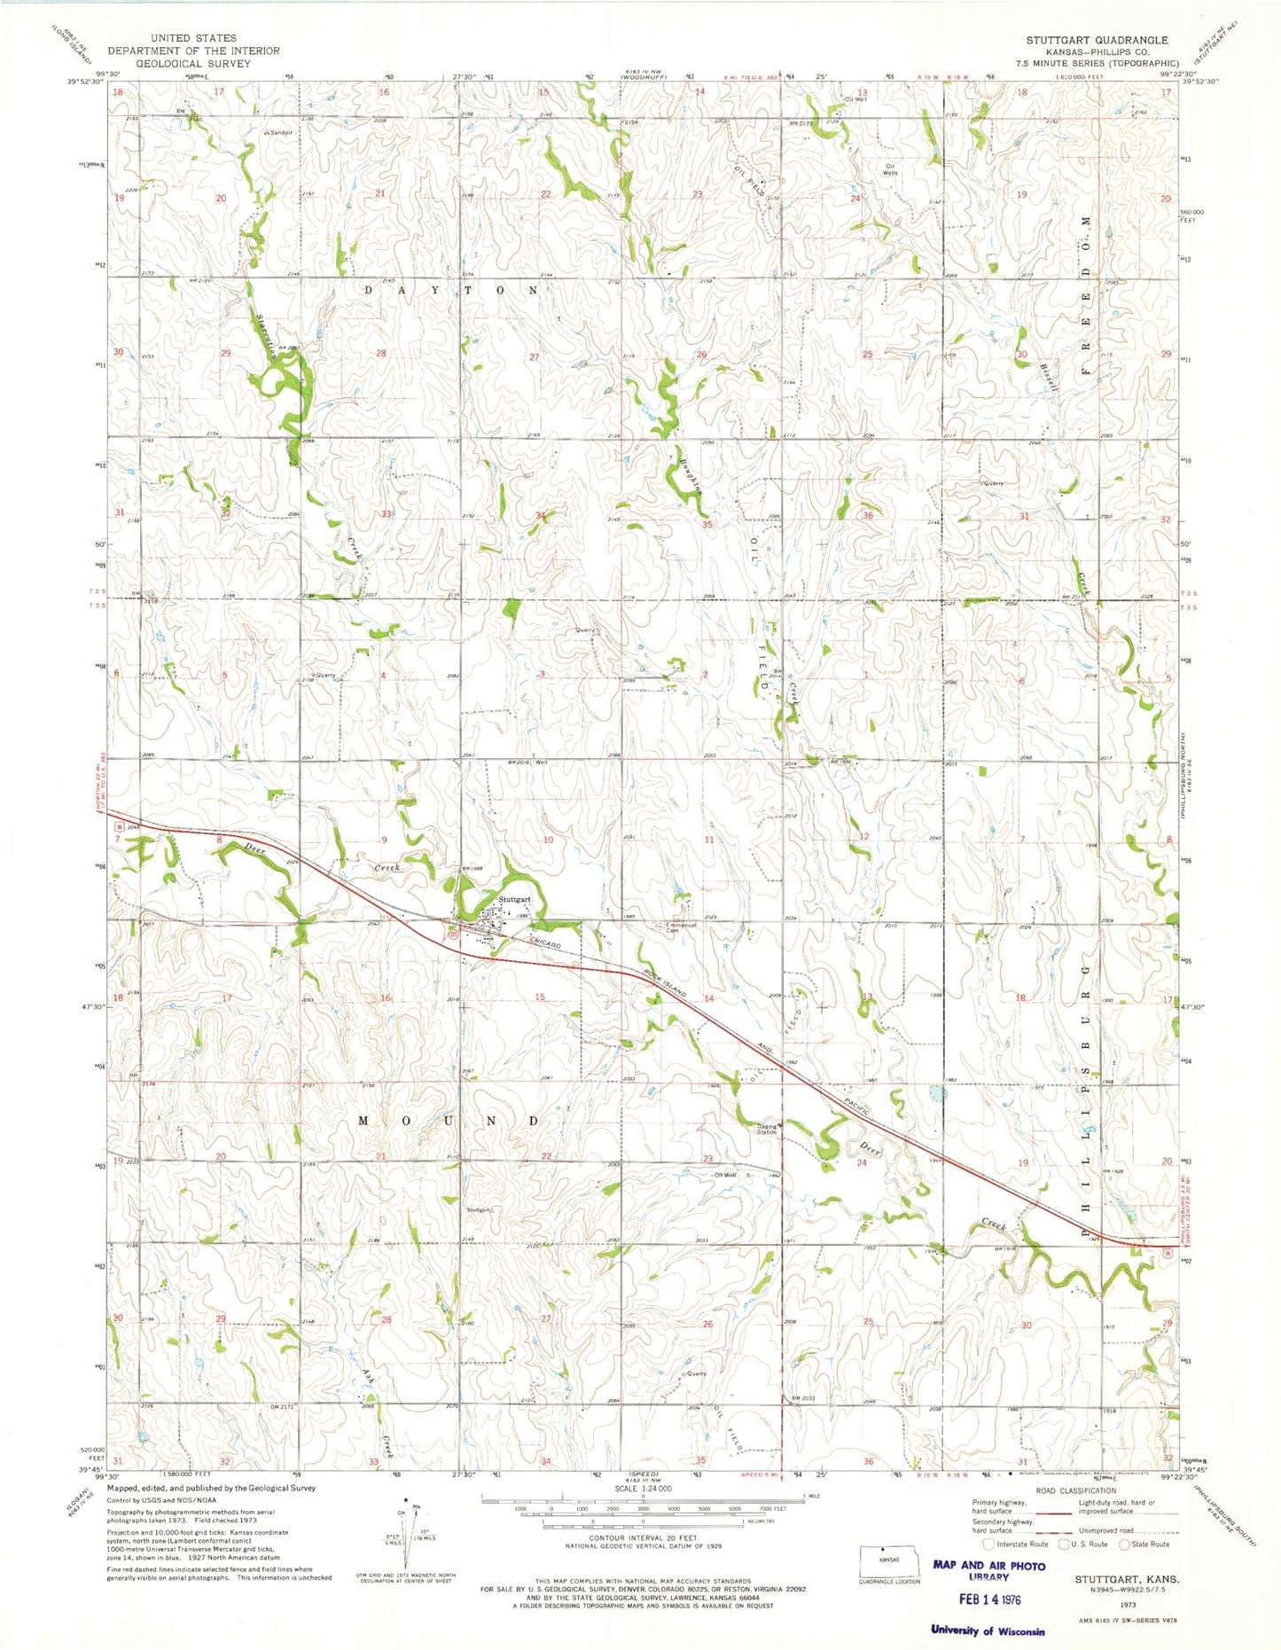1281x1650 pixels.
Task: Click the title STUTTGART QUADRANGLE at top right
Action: pyautogui.click(x=1097, y=41)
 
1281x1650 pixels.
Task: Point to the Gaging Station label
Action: pyautogui.click(x=767, y=1129)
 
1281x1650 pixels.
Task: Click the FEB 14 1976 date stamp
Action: pyautogui.click(x=988, y=1596)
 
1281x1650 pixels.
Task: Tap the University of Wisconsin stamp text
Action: pyautogui.click(x=987, y=1630)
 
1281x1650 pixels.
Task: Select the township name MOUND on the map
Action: pyautogui.click(x=449, y=1121)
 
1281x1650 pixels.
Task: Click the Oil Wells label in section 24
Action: pyautogui.click(x=889, y=168)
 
